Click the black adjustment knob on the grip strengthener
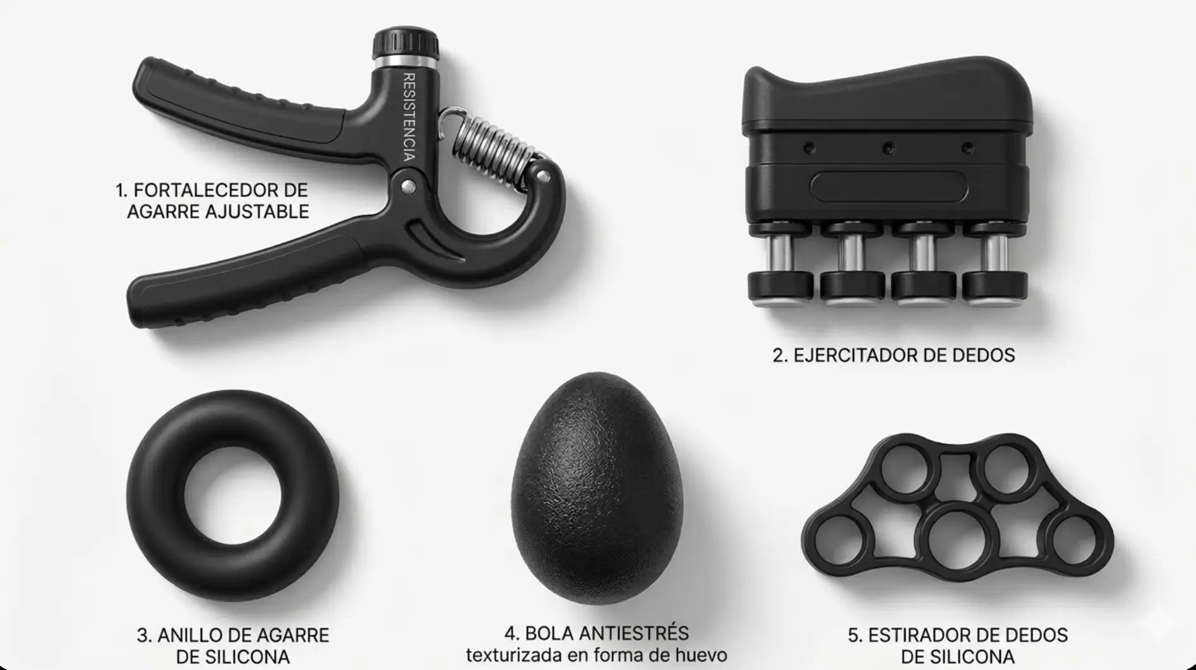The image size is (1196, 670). point(405,42)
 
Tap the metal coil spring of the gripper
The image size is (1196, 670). point(491,150)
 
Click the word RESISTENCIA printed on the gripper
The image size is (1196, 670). point(409,117)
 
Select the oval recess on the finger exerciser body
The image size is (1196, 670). point(888,186)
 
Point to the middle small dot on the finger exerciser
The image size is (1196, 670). point(888,148)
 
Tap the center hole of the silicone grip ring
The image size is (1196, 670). point(233,495)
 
